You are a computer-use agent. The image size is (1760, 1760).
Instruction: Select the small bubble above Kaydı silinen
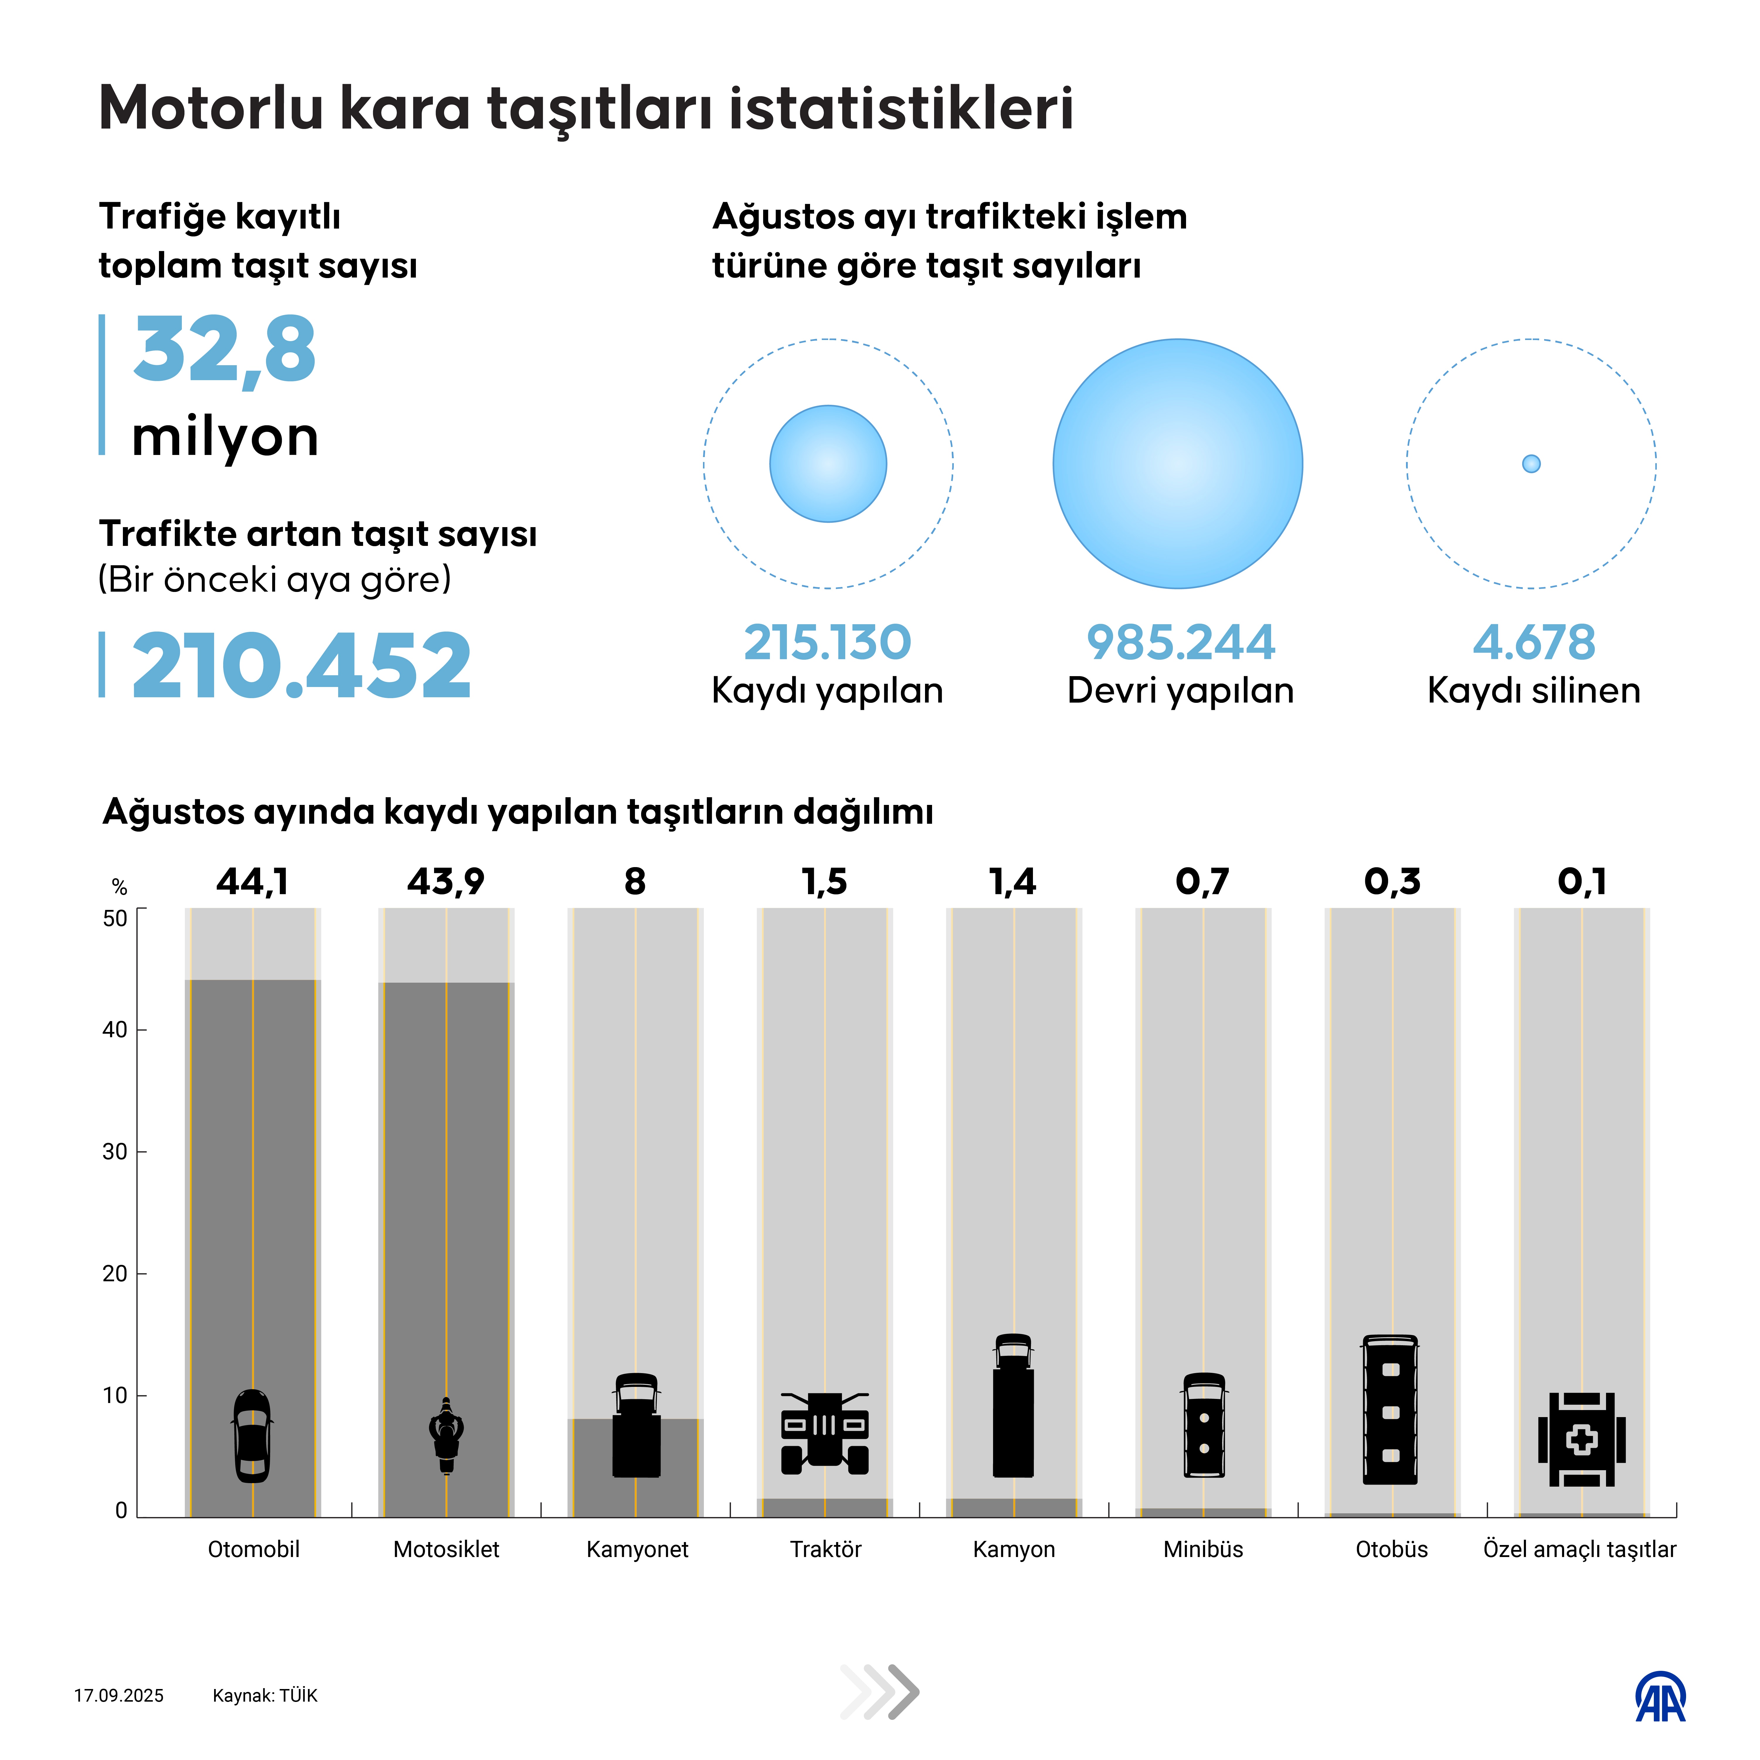tap(1531, 464)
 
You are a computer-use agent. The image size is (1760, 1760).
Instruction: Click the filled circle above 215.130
tap(828, 464)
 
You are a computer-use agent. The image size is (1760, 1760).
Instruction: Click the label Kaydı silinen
tap(1534, 691)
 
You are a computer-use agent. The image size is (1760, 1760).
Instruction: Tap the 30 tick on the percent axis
tap(115, 1151)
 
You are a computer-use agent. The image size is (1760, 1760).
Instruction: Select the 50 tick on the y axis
tap(115, 918)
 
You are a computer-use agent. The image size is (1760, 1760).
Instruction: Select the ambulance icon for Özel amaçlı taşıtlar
tap(1581, 1439)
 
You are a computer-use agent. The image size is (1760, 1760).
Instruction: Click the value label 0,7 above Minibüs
tap(1202, 882)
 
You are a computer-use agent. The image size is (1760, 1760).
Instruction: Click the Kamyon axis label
tap(1014, 1550)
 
